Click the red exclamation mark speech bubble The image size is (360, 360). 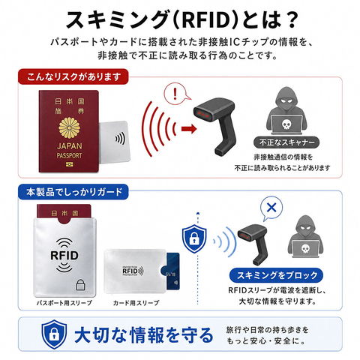coord(176,94)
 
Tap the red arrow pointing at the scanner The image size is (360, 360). coord(189,129)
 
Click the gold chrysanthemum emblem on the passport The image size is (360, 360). coord(70,127)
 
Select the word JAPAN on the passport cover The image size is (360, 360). coord(69,146)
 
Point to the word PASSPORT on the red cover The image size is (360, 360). coord(69,156)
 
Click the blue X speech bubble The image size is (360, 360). coord(271,208)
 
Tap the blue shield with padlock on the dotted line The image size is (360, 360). coord(194,239)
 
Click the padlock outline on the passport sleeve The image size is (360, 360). coord(80,284)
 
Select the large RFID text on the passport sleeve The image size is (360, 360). coord(64,256)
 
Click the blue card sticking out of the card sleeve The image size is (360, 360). coord(172,271)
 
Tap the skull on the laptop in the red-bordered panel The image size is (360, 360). coord(286,124)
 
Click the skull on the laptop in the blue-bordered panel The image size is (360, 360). coord(305,248)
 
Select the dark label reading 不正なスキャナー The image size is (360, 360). coord(286,142)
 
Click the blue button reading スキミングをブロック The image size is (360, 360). coord(276,275)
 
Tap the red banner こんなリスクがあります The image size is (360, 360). coord(73,76)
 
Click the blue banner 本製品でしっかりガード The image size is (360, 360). coord(73,192)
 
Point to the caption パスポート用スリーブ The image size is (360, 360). coord(64,303)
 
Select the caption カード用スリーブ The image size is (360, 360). coord(136,303)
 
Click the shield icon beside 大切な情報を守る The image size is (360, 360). coord(54,334)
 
